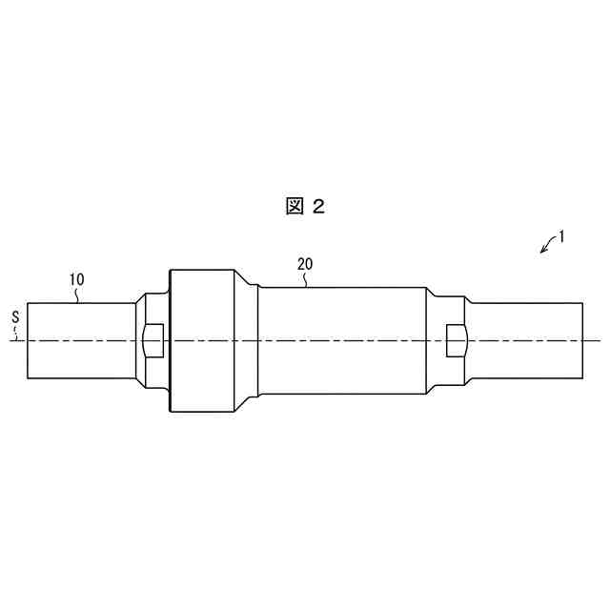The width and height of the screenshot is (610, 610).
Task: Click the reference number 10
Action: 77,279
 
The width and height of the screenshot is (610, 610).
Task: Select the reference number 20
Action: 305,263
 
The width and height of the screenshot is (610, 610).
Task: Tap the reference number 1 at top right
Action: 562,236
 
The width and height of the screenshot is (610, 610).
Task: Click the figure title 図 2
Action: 305,206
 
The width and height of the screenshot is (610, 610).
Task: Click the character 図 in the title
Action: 294,206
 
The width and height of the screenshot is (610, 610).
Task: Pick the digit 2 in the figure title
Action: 318,206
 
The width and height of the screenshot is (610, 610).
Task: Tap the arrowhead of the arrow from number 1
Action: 542,252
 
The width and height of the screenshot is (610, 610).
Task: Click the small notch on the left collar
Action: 152,338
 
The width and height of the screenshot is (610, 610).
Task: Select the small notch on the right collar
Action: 456,338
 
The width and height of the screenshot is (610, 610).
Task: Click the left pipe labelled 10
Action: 81,340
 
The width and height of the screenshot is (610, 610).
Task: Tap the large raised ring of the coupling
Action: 201,340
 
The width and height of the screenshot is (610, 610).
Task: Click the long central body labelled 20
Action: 343,340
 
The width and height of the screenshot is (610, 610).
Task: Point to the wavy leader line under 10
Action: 78,295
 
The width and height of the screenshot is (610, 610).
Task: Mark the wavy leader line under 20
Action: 305,280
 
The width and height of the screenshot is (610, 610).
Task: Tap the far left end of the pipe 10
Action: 28,340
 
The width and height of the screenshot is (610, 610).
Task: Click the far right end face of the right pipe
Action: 581,340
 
